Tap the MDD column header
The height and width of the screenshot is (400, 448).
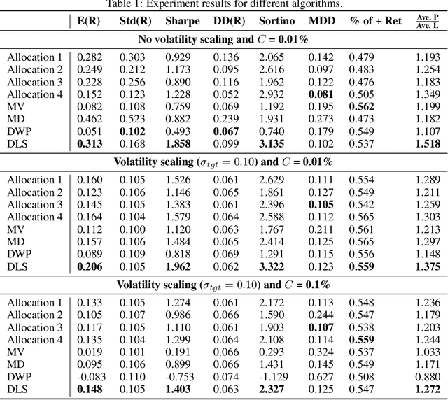pyautogui.click(x=321, y=21)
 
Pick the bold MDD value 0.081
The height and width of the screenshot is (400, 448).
pyautogui.click(x=321, y=94)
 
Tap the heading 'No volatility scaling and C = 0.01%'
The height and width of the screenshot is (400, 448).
pyautogui.click(x=223, y=39)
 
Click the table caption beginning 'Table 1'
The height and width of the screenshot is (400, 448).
pyautogui.click(x=223, y=4)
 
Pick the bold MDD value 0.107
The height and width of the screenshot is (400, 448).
pyautogui.click(x=321, y=327)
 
